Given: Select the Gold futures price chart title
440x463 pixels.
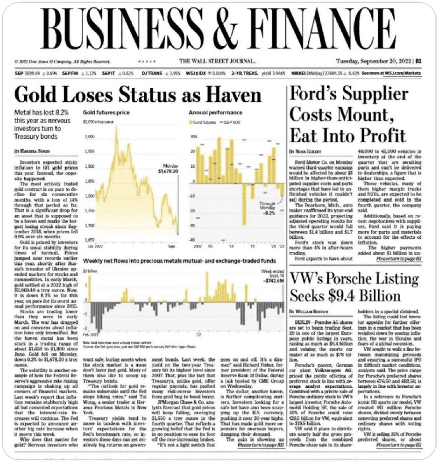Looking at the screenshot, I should (x=106, y=113).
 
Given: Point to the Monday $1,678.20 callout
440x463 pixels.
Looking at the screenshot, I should (x=168, y=168).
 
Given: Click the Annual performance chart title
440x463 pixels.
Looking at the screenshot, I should (x=215, y=113).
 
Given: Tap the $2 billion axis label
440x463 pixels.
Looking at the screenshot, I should (x=91, y=271).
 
